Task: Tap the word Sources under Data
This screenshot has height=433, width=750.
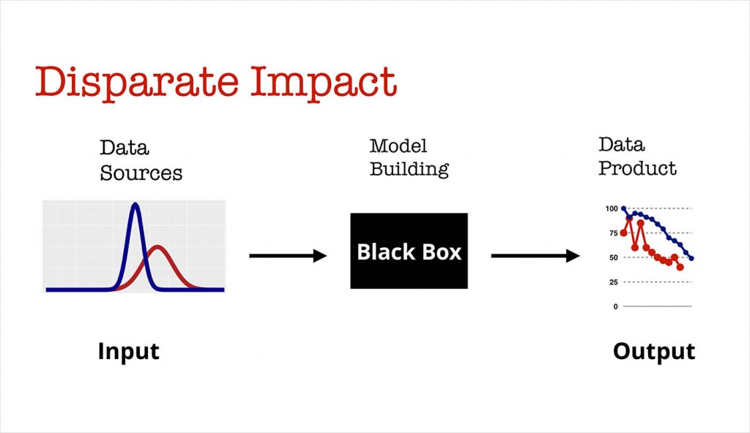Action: point(141,173)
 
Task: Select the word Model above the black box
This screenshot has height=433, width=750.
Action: point(398,146)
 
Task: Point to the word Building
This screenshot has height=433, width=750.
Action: point(409,170)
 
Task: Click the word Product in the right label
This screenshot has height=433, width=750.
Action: point(637,168)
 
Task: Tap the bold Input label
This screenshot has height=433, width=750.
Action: point(128,351)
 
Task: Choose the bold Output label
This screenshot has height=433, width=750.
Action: point(653,351)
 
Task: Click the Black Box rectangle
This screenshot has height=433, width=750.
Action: point(409,251)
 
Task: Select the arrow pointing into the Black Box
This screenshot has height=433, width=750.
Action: point(287,255)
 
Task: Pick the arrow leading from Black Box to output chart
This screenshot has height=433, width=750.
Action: point(535,255)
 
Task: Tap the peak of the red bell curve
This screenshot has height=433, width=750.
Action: point(157,247)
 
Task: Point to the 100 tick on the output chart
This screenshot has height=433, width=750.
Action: point(612,208)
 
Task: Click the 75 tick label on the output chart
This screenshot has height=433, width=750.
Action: point(613,233)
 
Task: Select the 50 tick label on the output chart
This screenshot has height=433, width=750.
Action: point(613,257)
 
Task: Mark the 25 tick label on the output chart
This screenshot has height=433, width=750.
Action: point(613,282)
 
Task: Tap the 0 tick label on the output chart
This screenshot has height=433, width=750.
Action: point(615,306)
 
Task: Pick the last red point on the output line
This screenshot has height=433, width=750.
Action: point(680,267)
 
